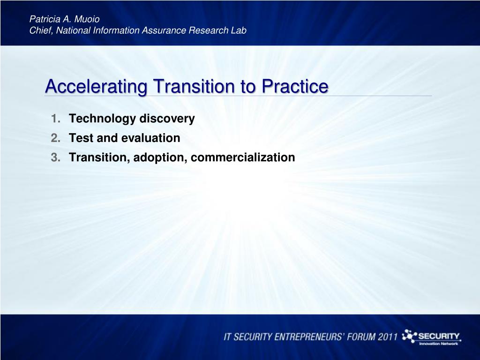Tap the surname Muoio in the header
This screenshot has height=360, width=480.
point(87,19)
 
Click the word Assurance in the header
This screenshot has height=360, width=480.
point(164,30)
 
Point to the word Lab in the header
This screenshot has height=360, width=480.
point(239,30)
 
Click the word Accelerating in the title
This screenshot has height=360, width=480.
point(97,87)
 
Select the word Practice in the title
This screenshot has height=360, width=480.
point(295,86)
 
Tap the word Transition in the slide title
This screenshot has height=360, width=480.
point(195,86)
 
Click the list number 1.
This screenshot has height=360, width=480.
point(55,119)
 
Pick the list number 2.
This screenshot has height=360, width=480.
point(55,138)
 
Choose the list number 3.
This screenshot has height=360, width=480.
point(55,157)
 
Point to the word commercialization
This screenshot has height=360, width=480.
point(243,157)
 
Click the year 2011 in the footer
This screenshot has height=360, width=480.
point(387,337)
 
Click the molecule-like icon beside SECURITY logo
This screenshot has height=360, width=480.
point(409,337)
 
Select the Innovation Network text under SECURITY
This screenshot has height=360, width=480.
point(438,344)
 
